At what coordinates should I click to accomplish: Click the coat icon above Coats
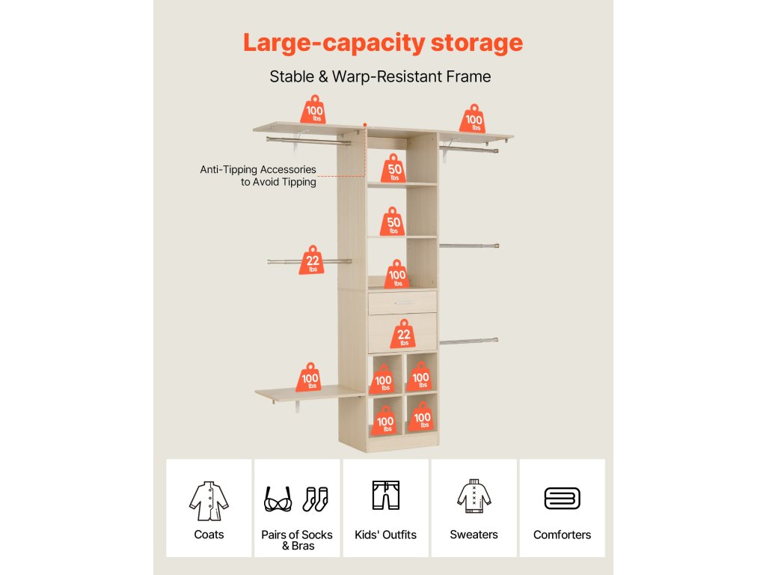(208, 499)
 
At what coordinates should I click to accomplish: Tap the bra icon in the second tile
(278, 499)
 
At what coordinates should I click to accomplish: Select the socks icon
(316, 499)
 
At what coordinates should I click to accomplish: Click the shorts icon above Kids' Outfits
(386, 495)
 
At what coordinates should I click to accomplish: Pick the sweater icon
(474, 496)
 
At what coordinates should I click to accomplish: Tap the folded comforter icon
(562, 499)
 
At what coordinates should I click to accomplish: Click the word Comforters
(562, 535)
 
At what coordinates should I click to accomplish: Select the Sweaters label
(474, 535)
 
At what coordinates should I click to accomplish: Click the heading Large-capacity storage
(382, 42)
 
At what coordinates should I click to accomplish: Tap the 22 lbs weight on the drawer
(404, 334)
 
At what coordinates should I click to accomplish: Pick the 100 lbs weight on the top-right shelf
(474, 119)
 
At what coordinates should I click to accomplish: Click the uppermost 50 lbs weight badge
(394, 169)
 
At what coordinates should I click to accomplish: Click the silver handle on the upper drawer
(402, 302)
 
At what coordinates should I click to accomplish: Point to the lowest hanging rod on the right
(469, 341)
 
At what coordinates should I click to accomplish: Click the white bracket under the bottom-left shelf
(298, 406)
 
